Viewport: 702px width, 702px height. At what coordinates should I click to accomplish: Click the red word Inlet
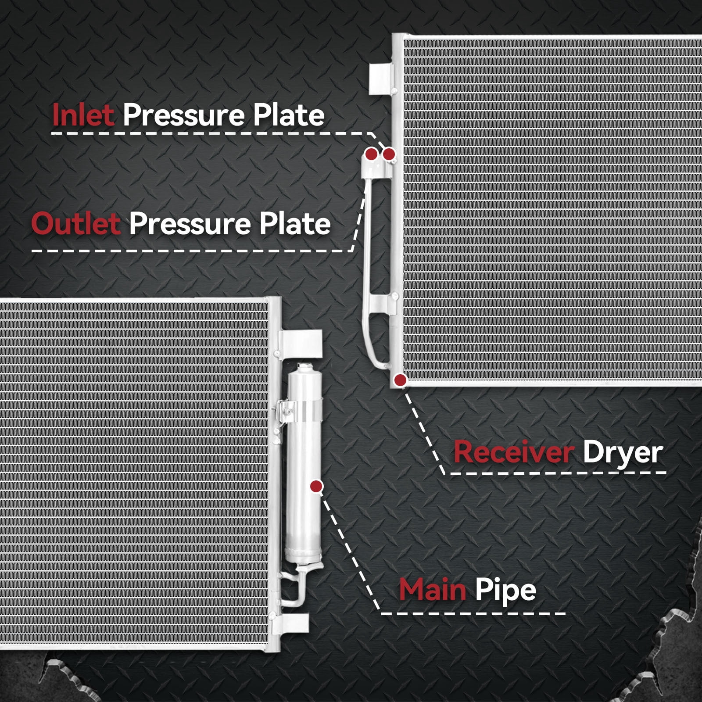click(83, 115)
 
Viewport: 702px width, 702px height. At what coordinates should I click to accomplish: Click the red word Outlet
click(76, 223)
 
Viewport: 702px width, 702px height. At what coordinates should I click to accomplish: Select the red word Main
click(432, 590)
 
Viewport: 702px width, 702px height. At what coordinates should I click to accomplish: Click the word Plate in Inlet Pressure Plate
click(289, 115)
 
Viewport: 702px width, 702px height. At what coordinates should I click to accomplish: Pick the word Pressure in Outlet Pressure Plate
click(190, 223)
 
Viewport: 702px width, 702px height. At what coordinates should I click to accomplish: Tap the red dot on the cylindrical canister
click(316, 486)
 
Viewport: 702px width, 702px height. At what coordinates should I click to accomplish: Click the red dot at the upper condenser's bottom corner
click(400, 380)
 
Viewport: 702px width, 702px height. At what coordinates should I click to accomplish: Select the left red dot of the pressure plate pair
click(371, 154)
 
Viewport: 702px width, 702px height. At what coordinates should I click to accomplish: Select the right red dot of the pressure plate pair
click(389, 154)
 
